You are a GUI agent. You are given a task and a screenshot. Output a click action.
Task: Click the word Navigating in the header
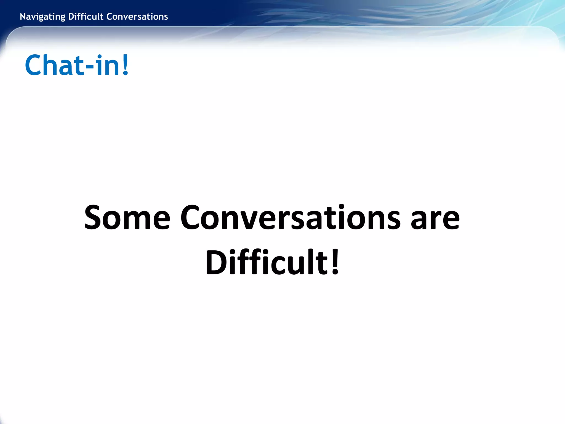coord(42,17)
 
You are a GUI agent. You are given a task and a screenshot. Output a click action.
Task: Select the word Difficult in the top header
coord(86,17)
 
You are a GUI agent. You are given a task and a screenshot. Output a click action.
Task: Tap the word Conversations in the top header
coord(137,17)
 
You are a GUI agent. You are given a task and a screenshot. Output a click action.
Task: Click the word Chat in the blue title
coord(54,65)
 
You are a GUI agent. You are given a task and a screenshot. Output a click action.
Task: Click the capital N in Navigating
coord(23,17)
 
